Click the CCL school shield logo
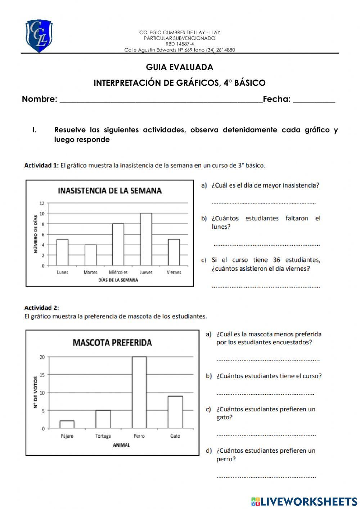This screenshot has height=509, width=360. tap(39, 36)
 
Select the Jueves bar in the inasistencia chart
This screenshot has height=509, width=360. tap(146, 239)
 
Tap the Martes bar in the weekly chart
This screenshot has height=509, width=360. tap(90, 255)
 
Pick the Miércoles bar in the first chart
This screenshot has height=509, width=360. tap(118, 245)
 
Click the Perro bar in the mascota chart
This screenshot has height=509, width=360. tap(139, 392)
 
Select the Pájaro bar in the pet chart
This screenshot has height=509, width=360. tap(67, 424)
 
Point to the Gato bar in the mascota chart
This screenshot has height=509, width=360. tap(175, 412)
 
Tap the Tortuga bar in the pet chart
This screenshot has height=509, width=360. tap(103, 419)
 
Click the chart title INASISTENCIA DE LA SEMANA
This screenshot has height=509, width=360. tap(110, 191)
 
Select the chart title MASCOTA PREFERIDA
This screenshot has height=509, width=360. tap(112, 342)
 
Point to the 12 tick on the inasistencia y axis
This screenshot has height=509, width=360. tap(42, 203)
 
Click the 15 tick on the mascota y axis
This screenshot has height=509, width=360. tap(42, 375)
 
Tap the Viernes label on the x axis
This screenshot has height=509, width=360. tap(174, 272)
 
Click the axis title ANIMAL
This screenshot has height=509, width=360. tap(121, 445)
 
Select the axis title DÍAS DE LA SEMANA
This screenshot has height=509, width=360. tap(118, 280)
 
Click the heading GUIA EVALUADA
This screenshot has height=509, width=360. tap(179, 67)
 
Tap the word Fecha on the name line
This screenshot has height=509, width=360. tap(276, 99)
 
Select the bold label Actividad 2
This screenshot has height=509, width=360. tap(41, 308)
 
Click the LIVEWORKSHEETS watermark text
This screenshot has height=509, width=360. tap(309, 501)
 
